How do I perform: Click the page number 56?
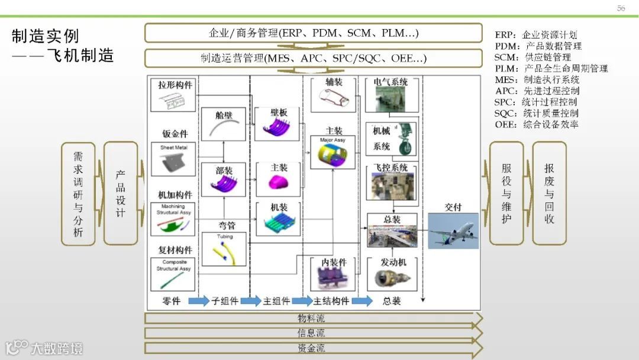click(x=621, y=8)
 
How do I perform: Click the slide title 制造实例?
click(x=46, y=36)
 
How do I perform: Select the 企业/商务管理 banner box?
click(x=313, y=33)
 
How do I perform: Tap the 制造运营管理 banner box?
click(x=313, y=59)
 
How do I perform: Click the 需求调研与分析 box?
click(x=78, y=193)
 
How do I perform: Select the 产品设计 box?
click(x=121, y=193)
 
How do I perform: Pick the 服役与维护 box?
click(x=506, y=193)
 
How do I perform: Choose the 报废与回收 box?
click(x=549, y=193)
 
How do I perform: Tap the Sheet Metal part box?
click(x=173, y=158)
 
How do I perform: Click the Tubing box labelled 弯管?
click(x=224, y=249)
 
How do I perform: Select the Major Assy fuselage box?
click(x=333, y=152)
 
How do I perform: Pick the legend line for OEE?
click(x=537, y=124)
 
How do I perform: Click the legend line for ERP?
click(x=535, y=35)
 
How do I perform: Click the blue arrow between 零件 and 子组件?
click(x=199, y=301)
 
